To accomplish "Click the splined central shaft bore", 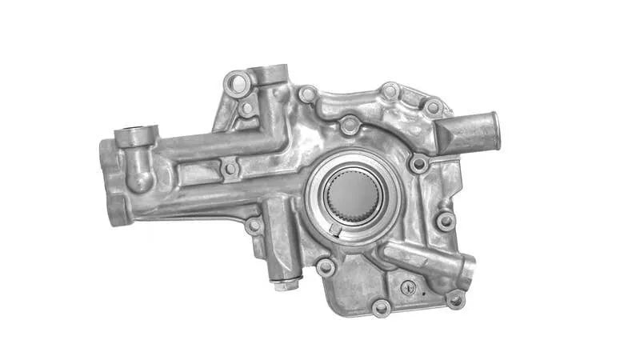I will (x=354, y=197).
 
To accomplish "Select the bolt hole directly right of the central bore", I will (x=418, y=164).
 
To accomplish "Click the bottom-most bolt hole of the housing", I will (x=381, y=307).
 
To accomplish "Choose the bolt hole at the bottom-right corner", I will (x=455, y=299).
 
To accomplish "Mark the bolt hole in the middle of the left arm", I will (x=230, y=169).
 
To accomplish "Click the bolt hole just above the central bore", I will (x=349, y=126).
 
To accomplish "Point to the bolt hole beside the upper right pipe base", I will (x=433, y=107).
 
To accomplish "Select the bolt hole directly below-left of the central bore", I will (x=326, y=266).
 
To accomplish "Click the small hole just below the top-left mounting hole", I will (x=247, y=107).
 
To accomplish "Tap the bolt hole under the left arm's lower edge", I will (x=254, y=226).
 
